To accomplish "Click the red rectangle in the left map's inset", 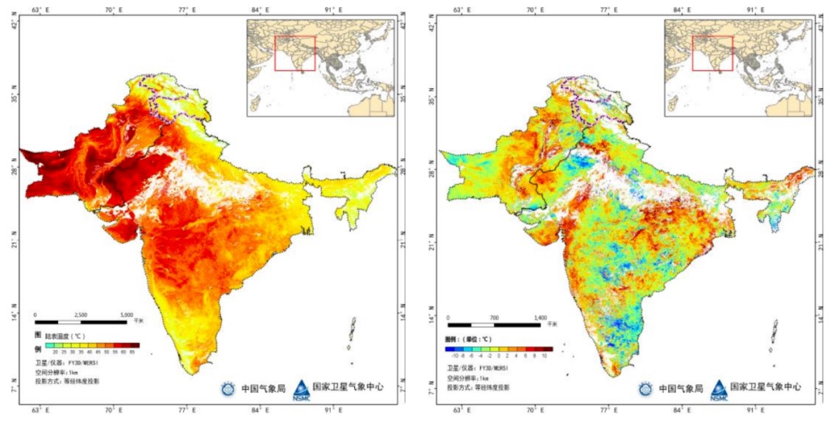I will coord(295,53).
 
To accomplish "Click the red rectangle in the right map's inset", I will coord(712,53).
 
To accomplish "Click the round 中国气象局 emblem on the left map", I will coord(228,388).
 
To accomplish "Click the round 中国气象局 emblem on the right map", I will coord(646,388).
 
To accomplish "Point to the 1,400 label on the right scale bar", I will coord(540,318).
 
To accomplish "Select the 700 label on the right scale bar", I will coord(495,318).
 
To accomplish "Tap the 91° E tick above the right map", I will coord(751,9).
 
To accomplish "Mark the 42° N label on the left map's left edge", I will coord(12,23).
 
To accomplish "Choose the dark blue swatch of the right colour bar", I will coord(449,349).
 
